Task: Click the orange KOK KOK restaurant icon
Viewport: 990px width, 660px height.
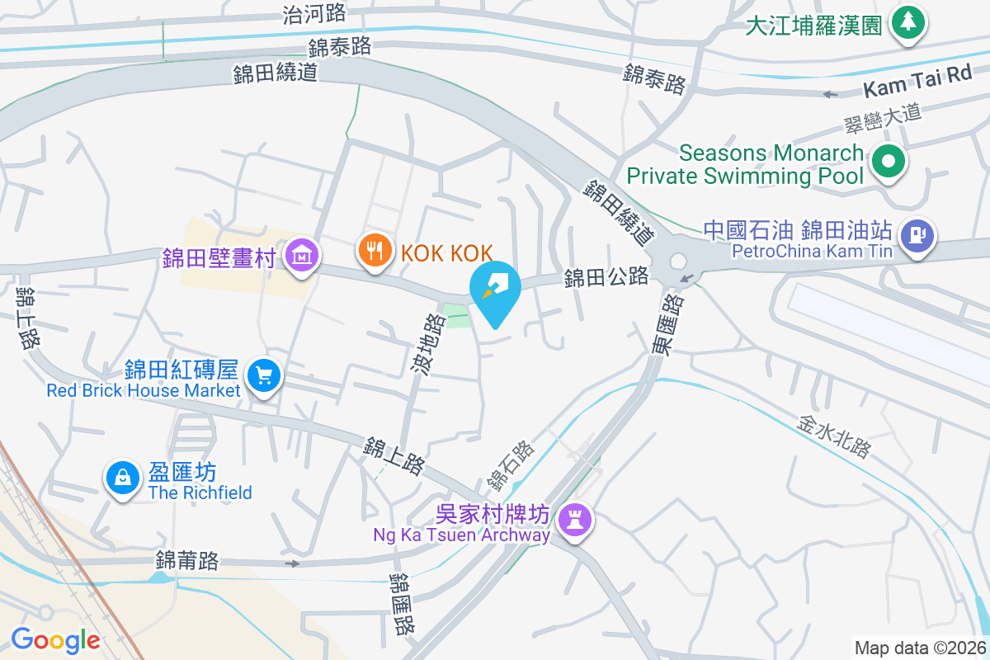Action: click(x=375, y=252)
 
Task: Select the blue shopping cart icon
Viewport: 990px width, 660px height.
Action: click(x=264, y=376)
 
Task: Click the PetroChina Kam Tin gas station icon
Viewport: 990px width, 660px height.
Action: click(x=917, y=233)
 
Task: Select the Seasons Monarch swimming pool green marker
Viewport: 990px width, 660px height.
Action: click(x=889, y=162)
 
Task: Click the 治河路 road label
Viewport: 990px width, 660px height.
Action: click(x=314, y=13)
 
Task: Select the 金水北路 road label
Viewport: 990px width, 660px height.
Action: click(x=834, y=436)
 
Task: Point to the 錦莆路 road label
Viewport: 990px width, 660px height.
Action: click(x=186, y=561)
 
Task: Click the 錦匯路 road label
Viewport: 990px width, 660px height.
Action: click(x=402, y=604)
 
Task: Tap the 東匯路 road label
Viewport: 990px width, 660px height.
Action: click(x=667, y=325)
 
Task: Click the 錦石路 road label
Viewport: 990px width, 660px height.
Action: click(x=511, y=464)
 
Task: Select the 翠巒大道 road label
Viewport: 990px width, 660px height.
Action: click(x=882, y=120)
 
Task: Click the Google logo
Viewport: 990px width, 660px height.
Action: click(x=55, y=639)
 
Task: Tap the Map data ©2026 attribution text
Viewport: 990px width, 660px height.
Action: click(x=919, y=648)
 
